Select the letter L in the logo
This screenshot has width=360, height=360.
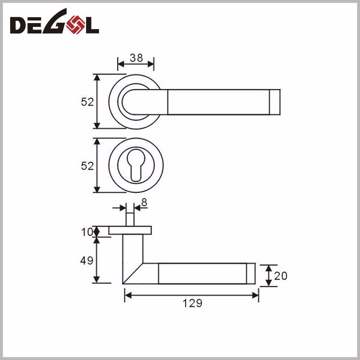(x=91, y=25)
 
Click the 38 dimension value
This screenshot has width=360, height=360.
(x=136, y=58)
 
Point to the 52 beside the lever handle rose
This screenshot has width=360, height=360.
(x=87, y=102)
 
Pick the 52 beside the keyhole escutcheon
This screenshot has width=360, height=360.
(x=87, y=166)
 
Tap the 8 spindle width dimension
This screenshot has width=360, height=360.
(x=144, y=203)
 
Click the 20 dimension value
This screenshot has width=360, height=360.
(x=281, y=276)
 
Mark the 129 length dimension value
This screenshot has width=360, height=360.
(x=192, y=303)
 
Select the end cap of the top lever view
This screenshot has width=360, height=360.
(x=275, y=102)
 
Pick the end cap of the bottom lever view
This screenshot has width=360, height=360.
(x=251, y=274)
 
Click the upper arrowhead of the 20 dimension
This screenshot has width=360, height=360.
(x=269, y=267)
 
